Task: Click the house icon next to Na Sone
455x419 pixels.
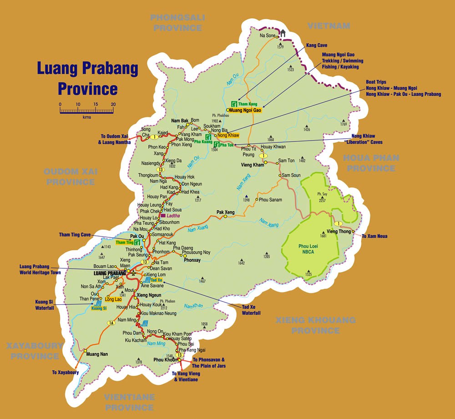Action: click(x=283, y=33)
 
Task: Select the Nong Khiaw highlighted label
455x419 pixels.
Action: click(x=228, y=136)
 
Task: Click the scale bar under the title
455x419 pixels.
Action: click(x=86, y=111)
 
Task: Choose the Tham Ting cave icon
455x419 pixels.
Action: click(x=136, y=242)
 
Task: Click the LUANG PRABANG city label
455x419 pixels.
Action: click(x=109, y=273)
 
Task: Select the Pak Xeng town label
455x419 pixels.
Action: click(x=226, y=212)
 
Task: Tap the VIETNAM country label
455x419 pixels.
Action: click(x=329, y=26)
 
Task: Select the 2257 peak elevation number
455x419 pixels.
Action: click(x=322, y=200)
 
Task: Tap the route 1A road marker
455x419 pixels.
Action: click(x=111, y=323)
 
